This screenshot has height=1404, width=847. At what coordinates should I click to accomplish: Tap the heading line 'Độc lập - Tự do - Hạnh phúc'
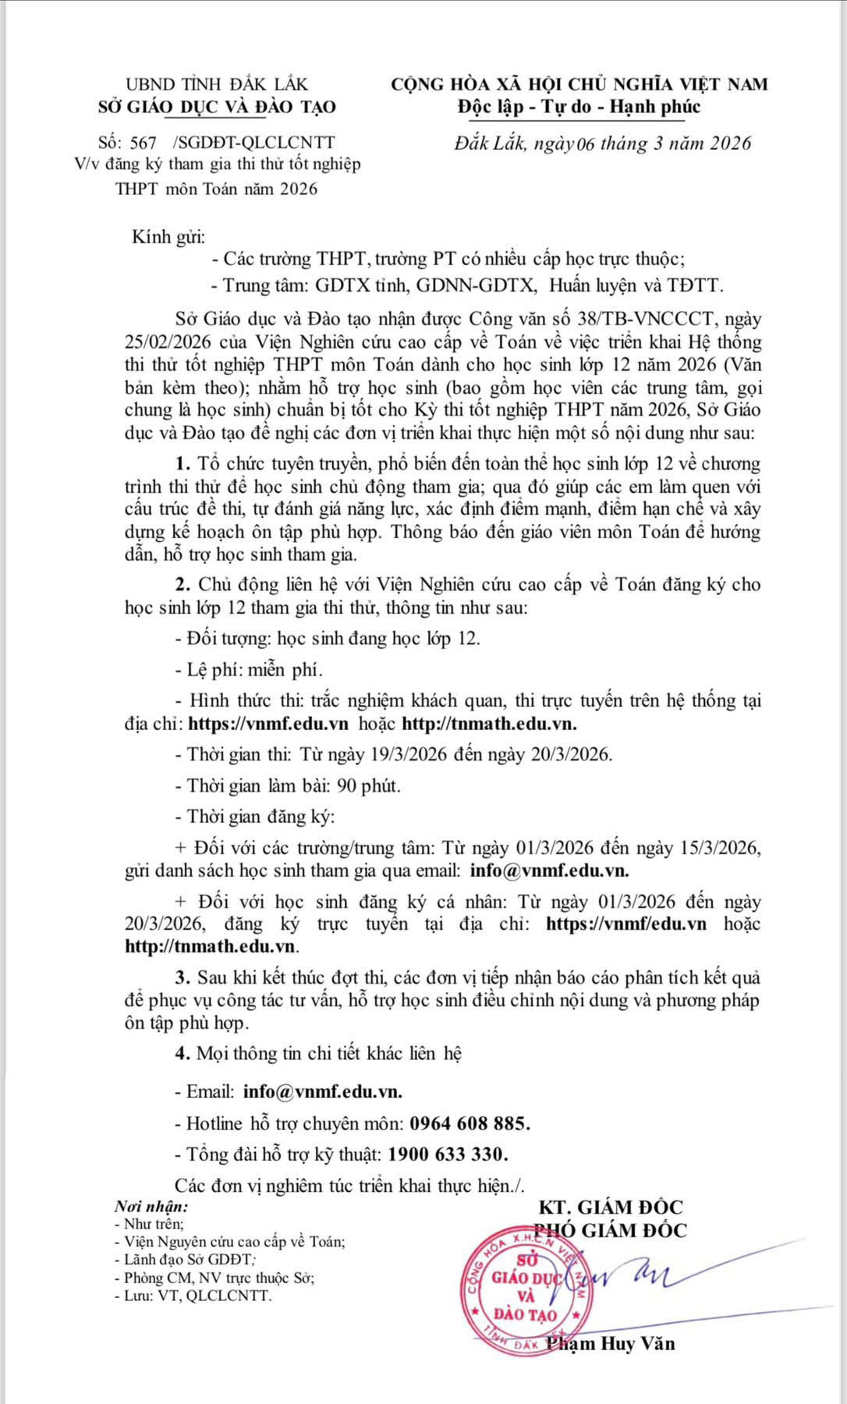coord(579,107)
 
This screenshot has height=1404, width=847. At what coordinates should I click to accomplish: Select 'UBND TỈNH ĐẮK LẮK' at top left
coord(217,83)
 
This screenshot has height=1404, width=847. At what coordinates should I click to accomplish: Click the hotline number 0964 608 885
coord(470,1123)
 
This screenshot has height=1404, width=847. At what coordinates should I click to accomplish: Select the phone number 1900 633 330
coord(448,1154)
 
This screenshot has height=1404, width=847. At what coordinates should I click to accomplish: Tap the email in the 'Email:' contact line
coord(323,1092)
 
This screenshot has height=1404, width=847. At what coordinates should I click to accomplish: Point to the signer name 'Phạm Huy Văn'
coord(611,1343)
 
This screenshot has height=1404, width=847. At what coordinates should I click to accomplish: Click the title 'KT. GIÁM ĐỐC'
coord(610,1207)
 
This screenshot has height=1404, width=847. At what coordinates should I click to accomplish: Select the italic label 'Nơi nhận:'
coord(151,1206)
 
